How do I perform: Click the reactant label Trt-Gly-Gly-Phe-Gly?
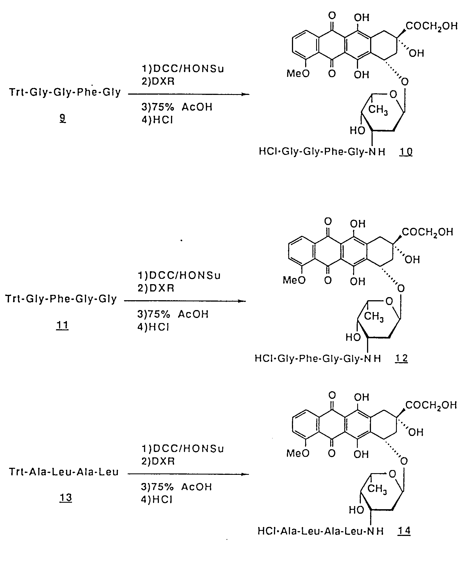(x=65, y=92)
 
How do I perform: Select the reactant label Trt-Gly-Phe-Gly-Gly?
(x=61, y=299)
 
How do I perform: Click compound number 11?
(x=62, y=326)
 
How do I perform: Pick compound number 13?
(x=66, y=498)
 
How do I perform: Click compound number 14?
(x=404, y=531)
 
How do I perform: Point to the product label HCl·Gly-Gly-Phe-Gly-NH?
(x=322, y=152)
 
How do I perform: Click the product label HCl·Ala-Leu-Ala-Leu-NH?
(x=321, y=531)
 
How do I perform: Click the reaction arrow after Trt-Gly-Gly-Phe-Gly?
(x=189, y=94)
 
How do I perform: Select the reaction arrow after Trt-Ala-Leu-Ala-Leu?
(x=188, y=474)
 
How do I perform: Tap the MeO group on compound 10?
(x=298, y=74)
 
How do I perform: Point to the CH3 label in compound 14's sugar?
(x=377, y=488)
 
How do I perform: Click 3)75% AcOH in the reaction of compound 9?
(x=177, y=107)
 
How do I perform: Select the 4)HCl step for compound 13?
(x=157, y=500)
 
